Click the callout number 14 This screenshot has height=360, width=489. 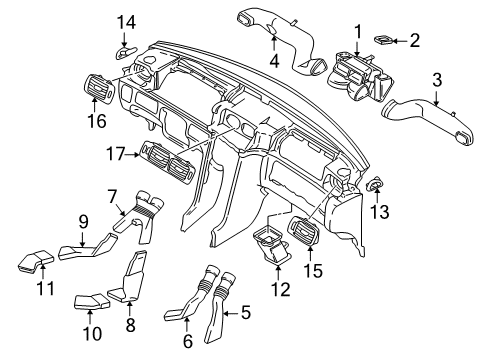click(x=126, y=23)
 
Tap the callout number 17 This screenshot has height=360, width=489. click(x=115, y=154)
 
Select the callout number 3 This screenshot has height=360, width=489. click(x=437, y=80)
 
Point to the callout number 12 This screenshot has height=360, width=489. click(x=281, y=289)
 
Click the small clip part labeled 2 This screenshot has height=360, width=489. click(x=383, y=40)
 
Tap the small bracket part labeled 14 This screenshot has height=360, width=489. click(x=125, y=52)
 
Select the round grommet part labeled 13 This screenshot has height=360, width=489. click(x=375, y=183)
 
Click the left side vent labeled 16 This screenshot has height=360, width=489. click(x=98, y=88)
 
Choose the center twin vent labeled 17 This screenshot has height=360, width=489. click(x=167, y=161)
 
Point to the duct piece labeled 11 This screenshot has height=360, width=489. click(x=36, y=262)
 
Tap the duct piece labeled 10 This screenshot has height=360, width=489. click(x=91, y=301)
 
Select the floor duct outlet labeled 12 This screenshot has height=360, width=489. click(x=272, y=245)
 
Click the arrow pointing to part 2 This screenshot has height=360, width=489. click(x=399, y=41)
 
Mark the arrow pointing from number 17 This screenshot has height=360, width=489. click(x=133, y=154)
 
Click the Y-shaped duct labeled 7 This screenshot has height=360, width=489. click(x=139, y=216)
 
